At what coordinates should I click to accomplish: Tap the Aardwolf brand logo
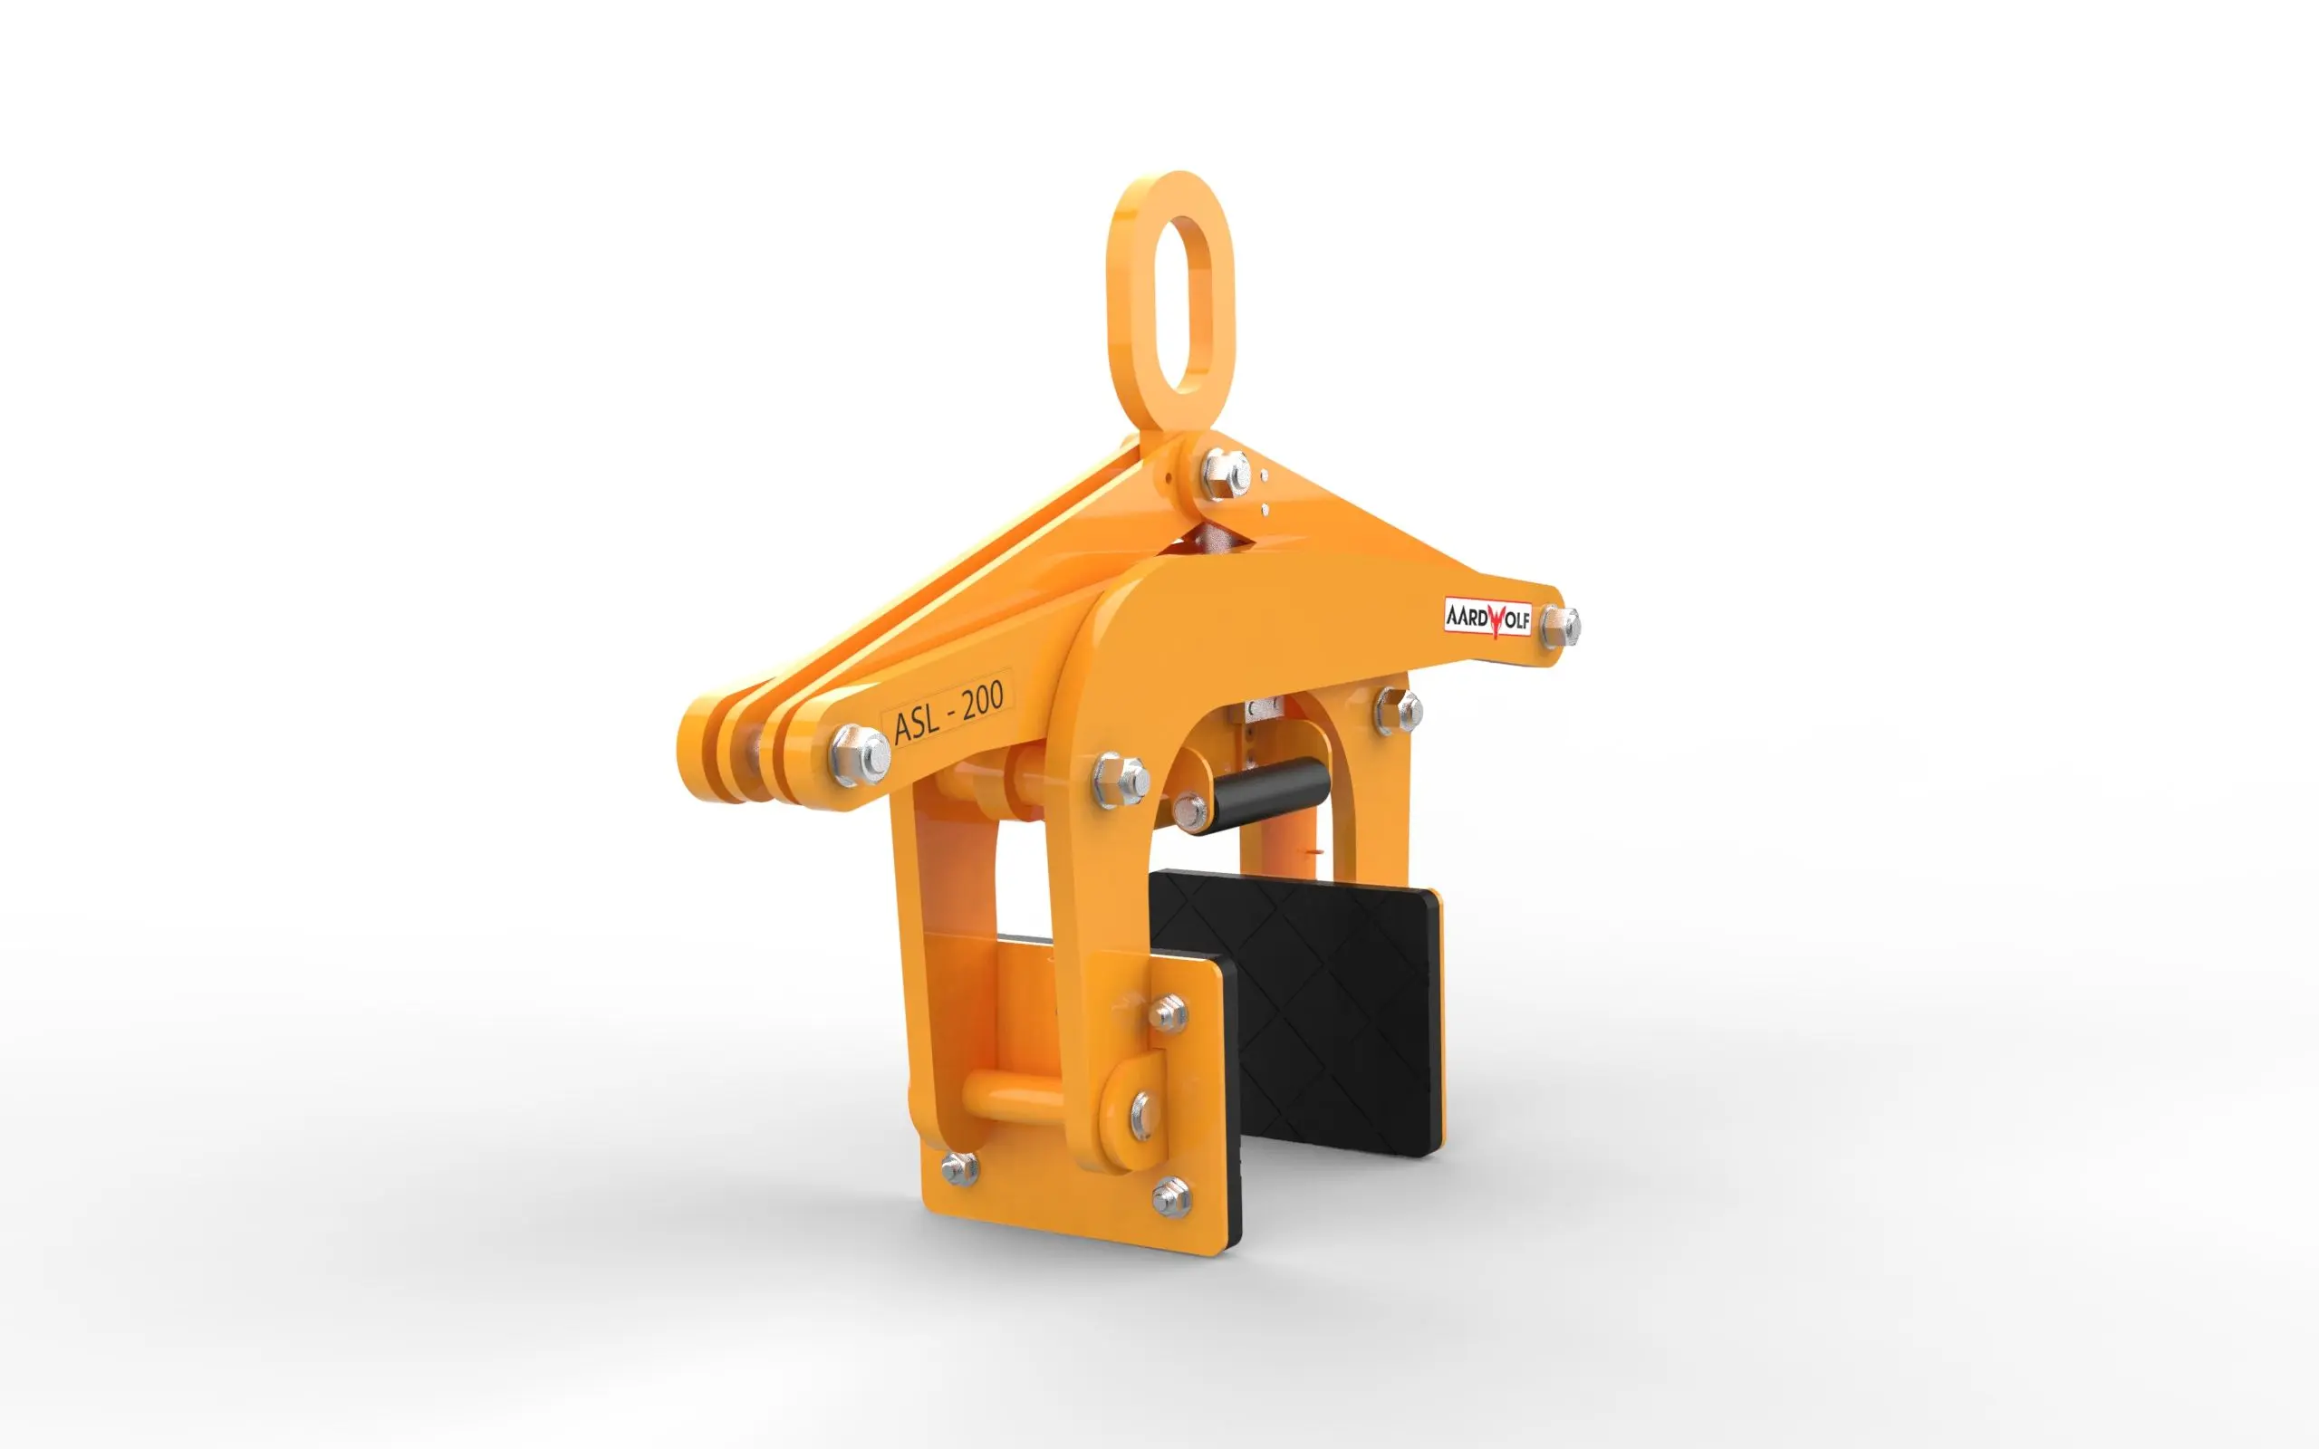click(1487, 617)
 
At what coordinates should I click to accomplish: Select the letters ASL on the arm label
click(916, 723)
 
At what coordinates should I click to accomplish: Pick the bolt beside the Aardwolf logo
click(1559, 627)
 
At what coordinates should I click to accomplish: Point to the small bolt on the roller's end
click(1189, 810)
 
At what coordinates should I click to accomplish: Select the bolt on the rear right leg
click(1398, 711)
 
